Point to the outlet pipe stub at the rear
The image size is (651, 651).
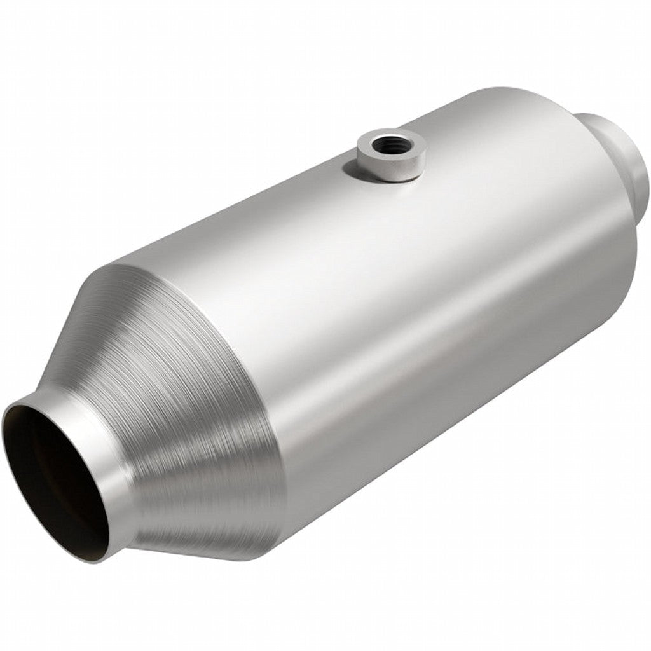[620, 146]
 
